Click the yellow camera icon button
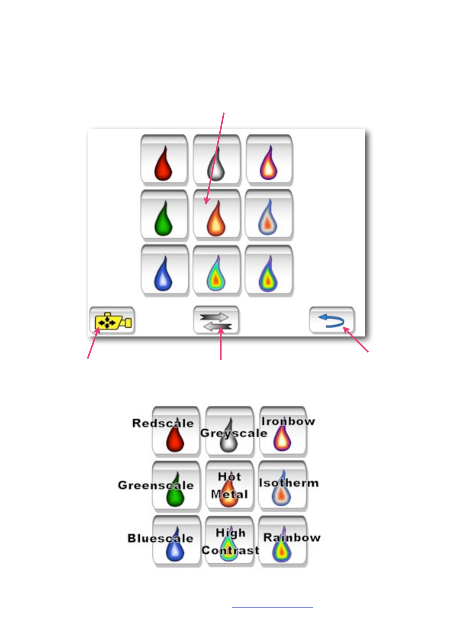tap(112, 322)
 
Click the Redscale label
tap(163, 423)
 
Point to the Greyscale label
tap(233, 433)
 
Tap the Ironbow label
tap(288, 421)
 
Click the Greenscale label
tap(156, 485)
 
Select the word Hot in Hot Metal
tap(229, 477)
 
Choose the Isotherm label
tap(289, 483)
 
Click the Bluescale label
tap(160, 539)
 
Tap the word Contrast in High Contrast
tap(230, 550)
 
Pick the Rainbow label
tap(292, 538)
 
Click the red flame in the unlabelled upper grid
tap(163, 164)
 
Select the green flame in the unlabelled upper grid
tap(163, 219)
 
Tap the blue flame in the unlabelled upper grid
tap(163, 274)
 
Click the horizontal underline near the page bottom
tap(272, 607)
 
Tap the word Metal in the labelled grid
tap(229, 494)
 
